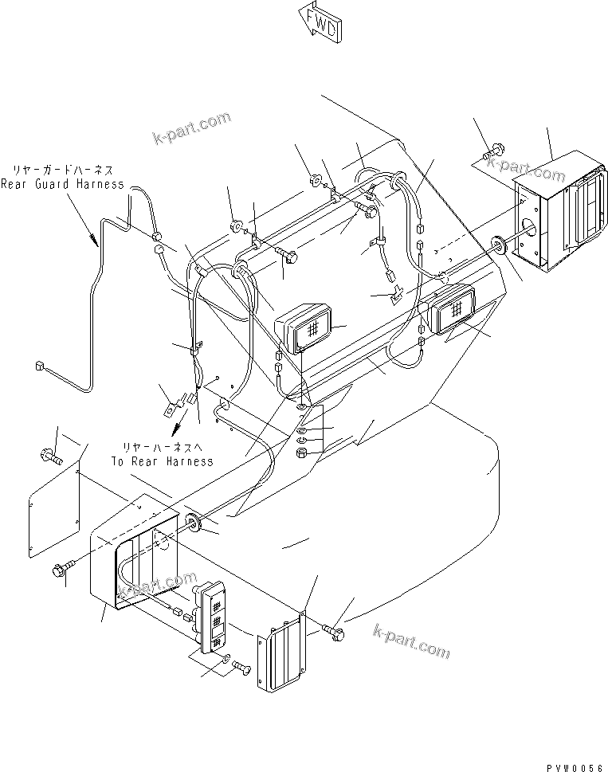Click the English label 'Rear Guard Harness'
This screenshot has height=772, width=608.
62,184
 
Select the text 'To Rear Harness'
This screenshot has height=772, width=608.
162,461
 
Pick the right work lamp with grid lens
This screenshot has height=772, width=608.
453,309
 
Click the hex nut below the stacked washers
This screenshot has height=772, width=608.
303,454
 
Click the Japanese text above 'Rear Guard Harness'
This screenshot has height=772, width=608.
62,170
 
